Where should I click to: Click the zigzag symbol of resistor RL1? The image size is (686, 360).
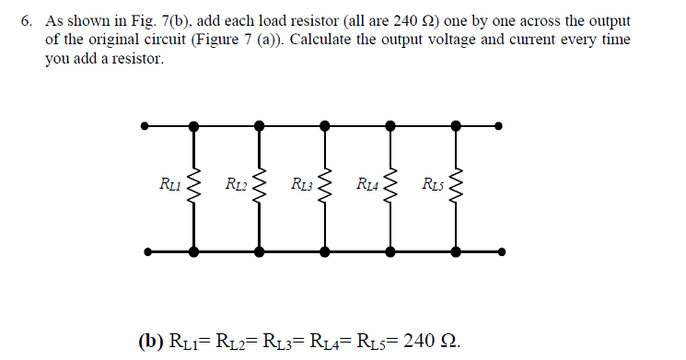pyautogui.click(x=193, y=188)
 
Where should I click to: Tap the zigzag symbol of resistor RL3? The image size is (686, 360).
pyautogui.click(x=325, y=188)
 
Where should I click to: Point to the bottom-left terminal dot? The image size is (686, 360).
pyautogui.click(x=145, y=250)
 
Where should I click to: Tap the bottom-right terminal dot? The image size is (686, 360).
pyautogui.click(x=500, y=250)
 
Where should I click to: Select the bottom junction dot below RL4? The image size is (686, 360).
pyautogui.click(x=390, y=250)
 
